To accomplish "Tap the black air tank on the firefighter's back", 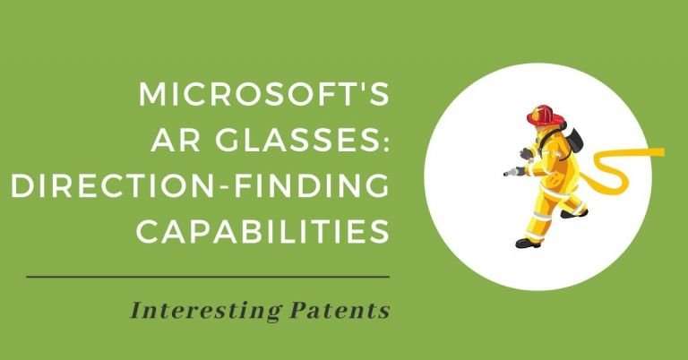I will click(574, 138).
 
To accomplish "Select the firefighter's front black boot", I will click(527, 241).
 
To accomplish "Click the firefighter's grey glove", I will click(526, 153).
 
